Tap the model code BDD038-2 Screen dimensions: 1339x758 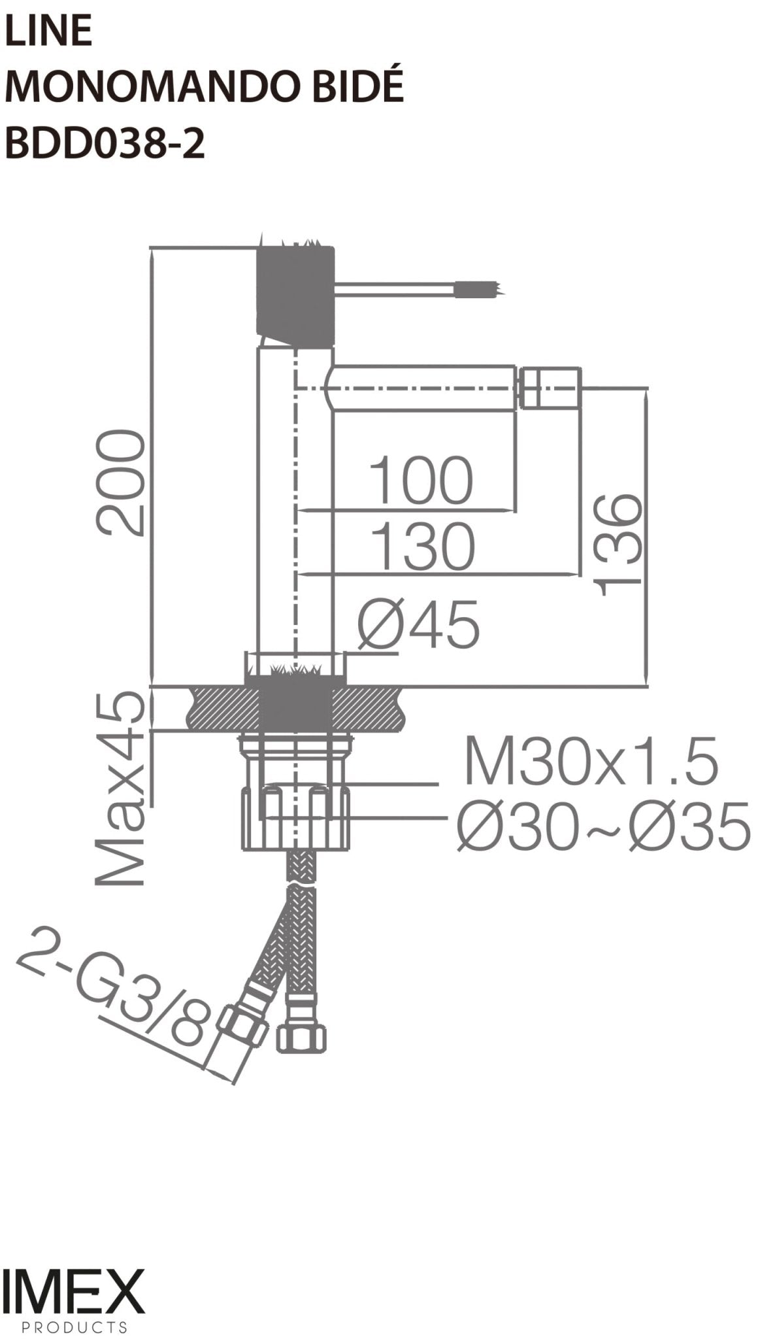(x=105, y=143)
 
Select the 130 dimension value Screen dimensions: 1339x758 (x=422, y=546)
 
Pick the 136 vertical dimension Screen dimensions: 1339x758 (x=618, y=544)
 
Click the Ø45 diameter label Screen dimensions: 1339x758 (x=418, y=625)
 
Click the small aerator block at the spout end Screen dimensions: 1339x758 (x=550, y=390)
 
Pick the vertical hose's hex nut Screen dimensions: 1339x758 (x=301, y=1037)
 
